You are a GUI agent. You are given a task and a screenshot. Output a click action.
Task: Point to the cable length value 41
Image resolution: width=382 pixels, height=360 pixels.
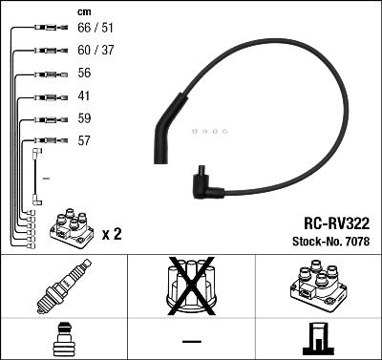click(83, 96)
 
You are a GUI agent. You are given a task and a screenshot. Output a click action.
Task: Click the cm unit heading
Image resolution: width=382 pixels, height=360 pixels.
click(84, 12)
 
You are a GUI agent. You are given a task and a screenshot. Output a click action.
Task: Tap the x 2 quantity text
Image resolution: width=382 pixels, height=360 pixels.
click(110, 231)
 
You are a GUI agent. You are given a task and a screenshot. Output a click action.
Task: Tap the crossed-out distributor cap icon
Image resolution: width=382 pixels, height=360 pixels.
click(190, 287)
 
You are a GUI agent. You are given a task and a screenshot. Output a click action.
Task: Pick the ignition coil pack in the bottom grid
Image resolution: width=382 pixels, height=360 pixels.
click(317, 287)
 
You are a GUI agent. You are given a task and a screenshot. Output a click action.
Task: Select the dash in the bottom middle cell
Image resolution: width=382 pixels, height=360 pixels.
click(191, 341)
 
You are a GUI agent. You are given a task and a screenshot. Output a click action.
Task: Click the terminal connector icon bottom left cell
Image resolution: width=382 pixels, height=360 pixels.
click(63, 340)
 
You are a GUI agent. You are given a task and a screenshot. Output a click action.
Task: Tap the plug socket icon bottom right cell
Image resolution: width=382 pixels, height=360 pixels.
click(317, 340)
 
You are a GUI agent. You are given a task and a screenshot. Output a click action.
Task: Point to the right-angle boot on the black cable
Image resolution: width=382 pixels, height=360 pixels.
click(205, 183)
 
